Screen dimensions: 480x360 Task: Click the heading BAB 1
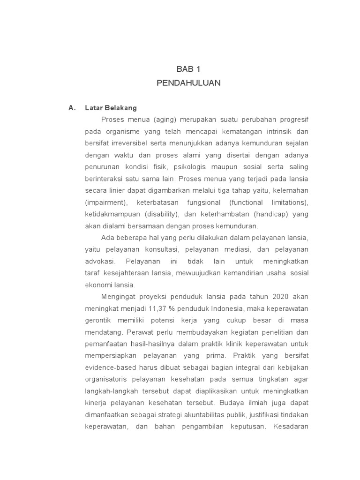pos(188,69)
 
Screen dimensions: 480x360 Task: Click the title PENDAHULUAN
pos(188,83)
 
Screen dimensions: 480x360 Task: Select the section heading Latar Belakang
pos(111,108)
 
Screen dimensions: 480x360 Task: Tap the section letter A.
pos(72,108)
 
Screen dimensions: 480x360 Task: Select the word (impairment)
pos(106,202)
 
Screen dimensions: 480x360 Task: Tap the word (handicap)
pos(267,214)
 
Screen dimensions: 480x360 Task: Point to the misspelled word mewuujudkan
pos(195,273)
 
